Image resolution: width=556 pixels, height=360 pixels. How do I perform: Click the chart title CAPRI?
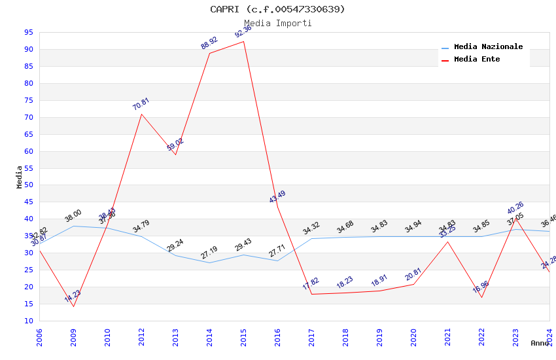click(x=277, y=9)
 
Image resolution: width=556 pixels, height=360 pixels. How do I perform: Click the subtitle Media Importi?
click(x=277, y=24)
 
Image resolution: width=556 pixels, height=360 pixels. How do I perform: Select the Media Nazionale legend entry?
click(x=488, y=47)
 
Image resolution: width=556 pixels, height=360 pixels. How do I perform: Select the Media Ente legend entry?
click(x=477, y=60)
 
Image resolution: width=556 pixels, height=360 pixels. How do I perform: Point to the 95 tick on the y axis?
click(x=29, y=32)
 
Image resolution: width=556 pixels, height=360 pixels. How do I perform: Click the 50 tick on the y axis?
click(x=29, y=185)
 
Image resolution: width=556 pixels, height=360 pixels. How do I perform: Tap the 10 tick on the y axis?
click(x=29, y=321)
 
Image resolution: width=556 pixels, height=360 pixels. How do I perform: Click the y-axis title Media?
click(x=20, y=177)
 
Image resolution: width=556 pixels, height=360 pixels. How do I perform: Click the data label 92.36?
click(x=243, y=31)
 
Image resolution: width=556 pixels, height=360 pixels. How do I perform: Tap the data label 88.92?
click(x=209, y=43)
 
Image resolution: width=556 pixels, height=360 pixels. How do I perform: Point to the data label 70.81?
click(x=141, y=104)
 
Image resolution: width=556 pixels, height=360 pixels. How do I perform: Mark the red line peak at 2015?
click(x=243, y=42)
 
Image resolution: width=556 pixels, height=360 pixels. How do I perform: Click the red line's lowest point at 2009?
click(x=73, y=306)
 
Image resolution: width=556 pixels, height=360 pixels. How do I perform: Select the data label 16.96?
click(x=481, y=287)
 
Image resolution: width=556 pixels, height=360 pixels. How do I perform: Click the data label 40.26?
click(x=515, y=208)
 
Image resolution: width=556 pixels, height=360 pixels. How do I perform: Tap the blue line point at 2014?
click(x=209, y=262)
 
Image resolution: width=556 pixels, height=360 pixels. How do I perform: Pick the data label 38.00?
click(x=73, y=215)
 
